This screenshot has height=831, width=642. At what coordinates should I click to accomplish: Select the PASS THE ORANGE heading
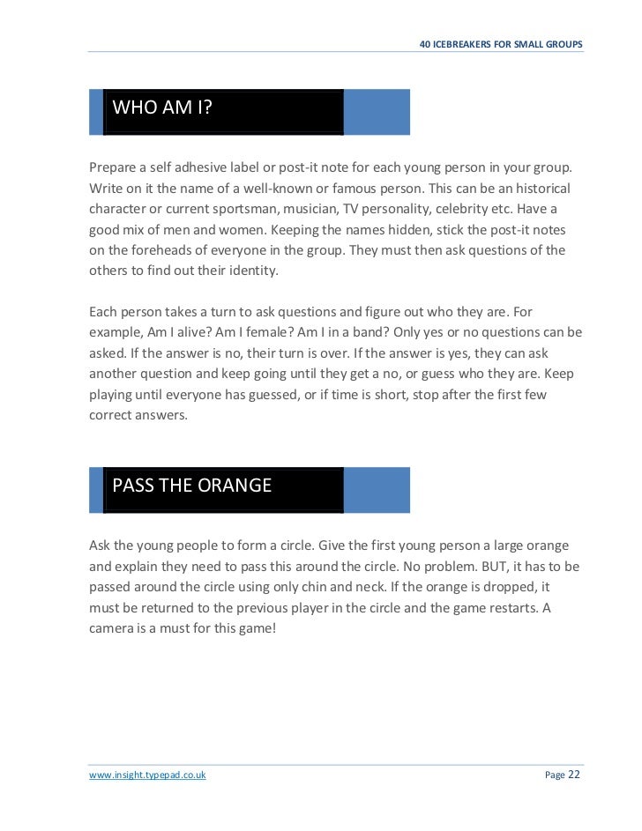tap(191, 486)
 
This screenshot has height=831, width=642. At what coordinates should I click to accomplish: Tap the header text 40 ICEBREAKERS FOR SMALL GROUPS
tap(501, 44)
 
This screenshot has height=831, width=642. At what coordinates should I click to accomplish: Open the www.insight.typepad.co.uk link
tap(147, 775)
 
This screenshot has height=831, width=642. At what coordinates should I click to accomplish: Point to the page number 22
tap(573, 774)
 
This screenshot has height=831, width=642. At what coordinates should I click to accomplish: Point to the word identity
tap(248, 271)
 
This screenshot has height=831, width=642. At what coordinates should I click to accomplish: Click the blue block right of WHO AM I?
tap(377, 112)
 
